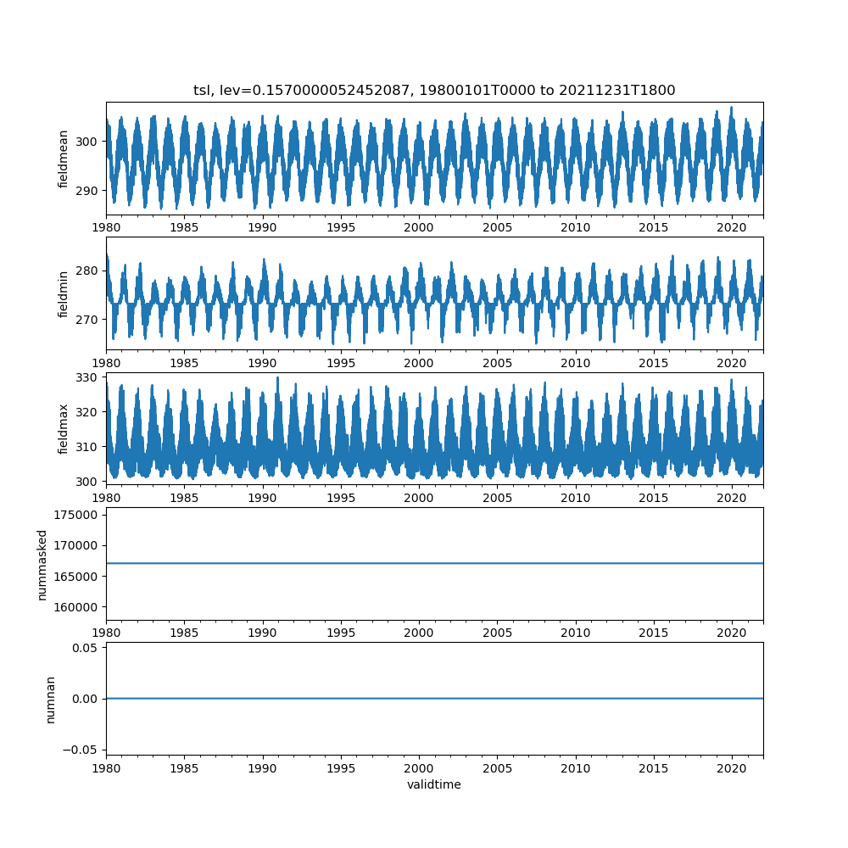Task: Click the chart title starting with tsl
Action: pos(434,91)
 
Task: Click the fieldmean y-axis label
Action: pos(64,159)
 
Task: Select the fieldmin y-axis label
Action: pos(64,294)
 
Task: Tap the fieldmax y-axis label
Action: pos(64,429)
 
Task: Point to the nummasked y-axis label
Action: pos(42,565)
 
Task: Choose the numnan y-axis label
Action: pos(51,700)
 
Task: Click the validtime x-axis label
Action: pos(434,784)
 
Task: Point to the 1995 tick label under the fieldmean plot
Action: pos(341,228)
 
